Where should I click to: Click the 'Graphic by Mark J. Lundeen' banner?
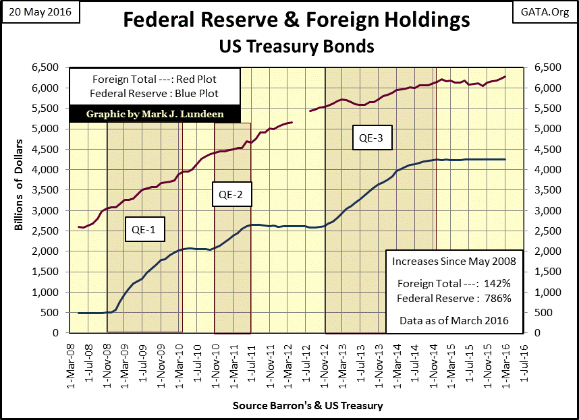tap(155, 114)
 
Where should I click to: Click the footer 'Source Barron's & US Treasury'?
tap(308, 406)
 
